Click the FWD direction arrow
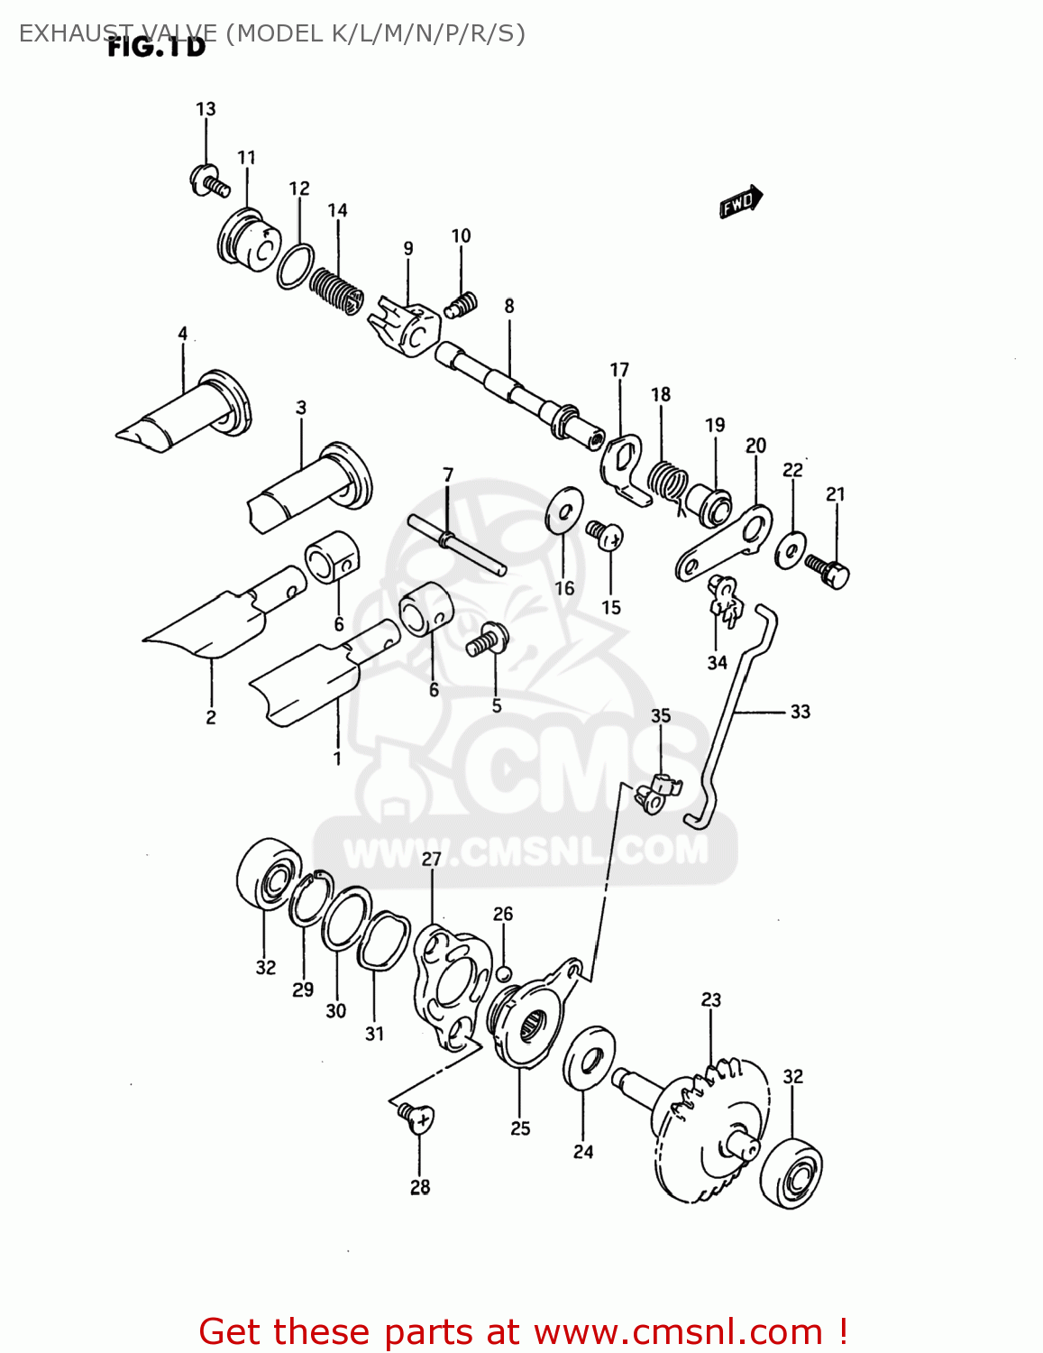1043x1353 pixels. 740,202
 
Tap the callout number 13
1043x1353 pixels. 206,109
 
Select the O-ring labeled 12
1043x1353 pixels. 295,266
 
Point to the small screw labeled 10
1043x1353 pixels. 462,307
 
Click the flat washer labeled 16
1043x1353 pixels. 564,511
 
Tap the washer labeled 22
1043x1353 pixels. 791,549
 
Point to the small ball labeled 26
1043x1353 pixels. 504,973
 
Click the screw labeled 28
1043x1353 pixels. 416,1118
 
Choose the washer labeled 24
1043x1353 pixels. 590,1057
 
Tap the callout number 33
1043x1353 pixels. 801,712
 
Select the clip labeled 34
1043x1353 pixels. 724,600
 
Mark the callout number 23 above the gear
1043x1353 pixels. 711,999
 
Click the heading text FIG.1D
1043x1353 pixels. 157,47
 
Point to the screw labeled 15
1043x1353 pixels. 604,535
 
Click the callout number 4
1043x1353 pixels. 183,334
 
